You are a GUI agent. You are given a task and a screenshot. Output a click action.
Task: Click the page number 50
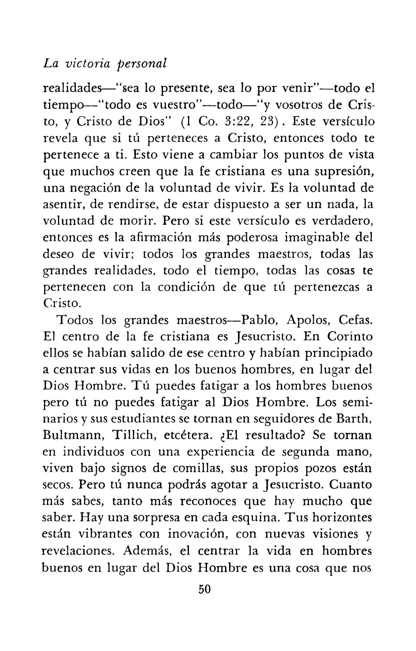point(204,589)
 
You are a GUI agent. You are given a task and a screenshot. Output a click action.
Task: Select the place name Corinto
point(350,337)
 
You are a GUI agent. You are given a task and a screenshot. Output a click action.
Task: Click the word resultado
point(273,436)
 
